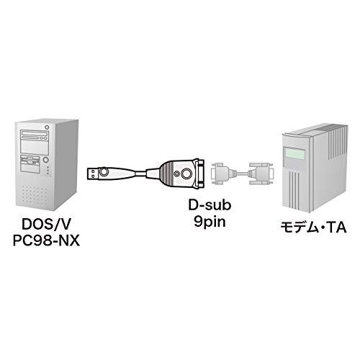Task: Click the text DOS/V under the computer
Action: (46, 224)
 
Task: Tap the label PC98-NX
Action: (46, 240)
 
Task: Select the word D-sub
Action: (210, 205)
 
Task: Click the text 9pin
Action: (210, 222)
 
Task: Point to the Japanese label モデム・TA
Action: (314, 228)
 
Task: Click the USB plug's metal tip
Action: (92, 174)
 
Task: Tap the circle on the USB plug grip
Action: (104, 172)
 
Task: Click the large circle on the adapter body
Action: (186, 174)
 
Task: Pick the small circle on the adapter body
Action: (177, 174)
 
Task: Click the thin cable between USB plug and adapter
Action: (140, 174)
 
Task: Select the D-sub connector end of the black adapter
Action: (199, 174)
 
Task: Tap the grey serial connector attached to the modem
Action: (261, 174)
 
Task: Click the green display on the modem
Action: (294, 153)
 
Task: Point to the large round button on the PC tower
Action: (45, 160)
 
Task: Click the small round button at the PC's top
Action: (47, 127)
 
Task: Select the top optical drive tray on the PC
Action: (35, 133)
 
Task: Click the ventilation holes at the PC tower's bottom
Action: (35, 193)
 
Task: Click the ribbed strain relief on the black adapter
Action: (166, 174)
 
